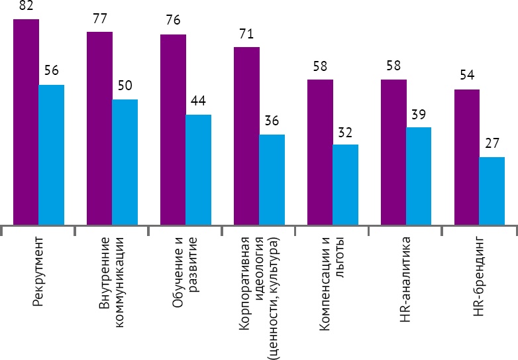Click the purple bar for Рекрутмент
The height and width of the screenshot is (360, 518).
(x=26, y=122)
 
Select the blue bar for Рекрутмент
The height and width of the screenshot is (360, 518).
(x=52, y=154)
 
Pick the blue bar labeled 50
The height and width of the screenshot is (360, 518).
(x=125, y=162)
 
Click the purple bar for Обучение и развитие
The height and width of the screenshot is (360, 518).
(x=173, y=129)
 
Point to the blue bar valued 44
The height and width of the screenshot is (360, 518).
(x=199, y=170)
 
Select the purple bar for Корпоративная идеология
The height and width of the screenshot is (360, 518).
(x=246, y=136)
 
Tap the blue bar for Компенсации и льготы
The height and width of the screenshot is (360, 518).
(x=345, y=184)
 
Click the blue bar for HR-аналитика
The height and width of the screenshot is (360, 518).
(x=419, y=176)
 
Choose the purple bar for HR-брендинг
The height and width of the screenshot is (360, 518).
(x=466, y=157)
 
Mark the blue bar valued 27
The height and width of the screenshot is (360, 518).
(x=492, y=191)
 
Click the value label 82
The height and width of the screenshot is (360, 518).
(x=26, y=7)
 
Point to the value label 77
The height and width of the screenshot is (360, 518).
(x=100, y=19)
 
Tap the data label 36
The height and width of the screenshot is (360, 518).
(x=272, y=122)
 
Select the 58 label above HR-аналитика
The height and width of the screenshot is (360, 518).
(x=393, y=67)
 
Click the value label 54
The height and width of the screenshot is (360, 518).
(x=467, y=77)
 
